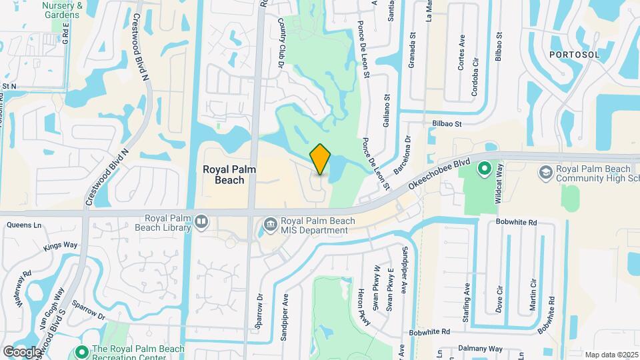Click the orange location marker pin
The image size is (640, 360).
click(321, 159)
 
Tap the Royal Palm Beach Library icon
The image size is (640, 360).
click(201, 221)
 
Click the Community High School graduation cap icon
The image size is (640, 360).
click(545, 172)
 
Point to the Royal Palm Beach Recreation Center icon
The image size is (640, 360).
click(82, 351)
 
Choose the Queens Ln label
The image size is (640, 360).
click(19, 225)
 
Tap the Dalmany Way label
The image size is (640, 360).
click(483, 348)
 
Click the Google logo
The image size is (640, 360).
click(22, 351)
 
